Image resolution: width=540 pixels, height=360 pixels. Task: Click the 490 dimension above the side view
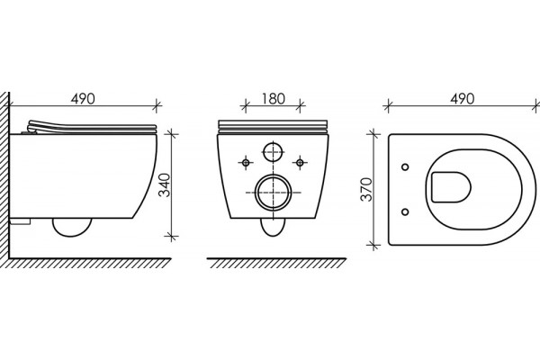click(x=83, y=99)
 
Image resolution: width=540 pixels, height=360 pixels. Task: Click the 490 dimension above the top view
click(x=463, y=99)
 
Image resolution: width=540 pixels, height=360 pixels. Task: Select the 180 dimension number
click(x=273, y=99)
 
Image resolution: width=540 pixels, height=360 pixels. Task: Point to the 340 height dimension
click(x=165, y=185)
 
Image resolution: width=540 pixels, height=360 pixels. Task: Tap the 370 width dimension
click(x=366, y=189)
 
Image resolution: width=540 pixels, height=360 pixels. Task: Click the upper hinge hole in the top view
click(x=405, y=167)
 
